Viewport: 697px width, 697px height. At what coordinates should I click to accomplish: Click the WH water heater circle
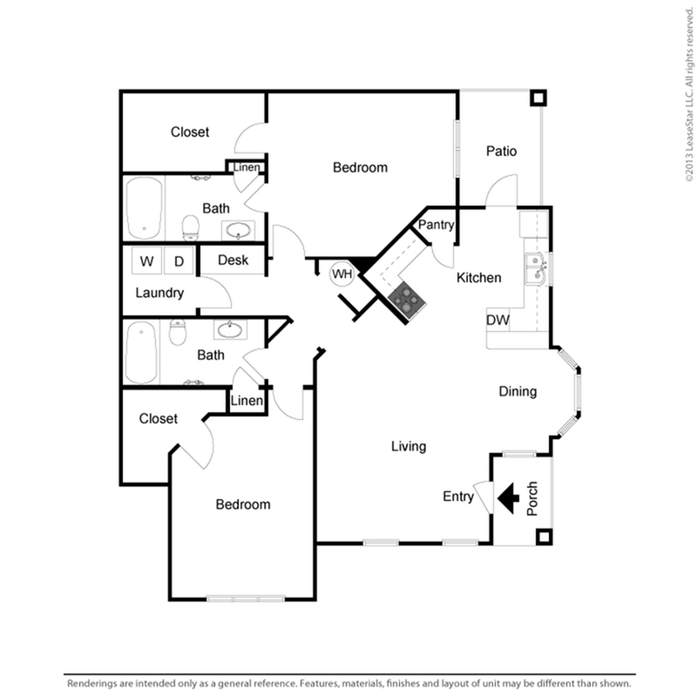(x=342, y=274)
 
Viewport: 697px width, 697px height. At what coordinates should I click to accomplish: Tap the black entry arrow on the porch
(x=508, y=497)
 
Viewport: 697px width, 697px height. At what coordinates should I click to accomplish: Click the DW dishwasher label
(x=497, y=320)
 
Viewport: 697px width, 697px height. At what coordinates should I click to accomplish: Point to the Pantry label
(x=436, y=225)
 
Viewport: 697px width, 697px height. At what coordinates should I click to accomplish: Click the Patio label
(x=502, y=151)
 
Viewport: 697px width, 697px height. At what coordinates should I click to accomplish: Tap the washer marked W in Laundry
(x=147, y=261)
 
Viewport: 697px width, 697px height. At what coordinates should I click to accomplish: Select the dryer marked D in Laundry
(x=179, y=261)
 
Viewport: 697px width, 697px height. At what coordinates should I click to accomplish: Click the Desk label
(x=233, y=260)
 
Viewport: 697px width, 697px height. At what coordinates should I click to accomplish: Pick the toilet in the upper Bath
(x=191, y=227)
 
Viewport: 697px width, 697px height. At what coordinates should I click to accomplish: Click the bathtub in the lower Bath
(x=141, y=353)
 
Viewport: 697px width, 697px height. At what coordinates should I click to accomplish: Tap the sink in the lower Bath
(x=230, y=330)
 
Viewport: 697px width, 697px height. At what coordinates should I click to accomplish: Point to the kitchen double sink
(x=536, y=268)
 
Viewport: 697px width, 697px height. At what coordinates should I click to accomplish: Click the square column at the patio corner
(x=538, y=98)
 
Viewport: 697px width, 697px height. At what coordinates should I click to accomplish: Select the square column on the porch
(x=544, y=537)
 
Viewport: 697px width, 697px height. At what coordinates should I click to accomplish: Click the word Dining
(x=518, y=391)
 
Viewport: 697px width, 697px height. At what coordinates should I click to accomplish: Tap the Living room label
(x=409, y=446)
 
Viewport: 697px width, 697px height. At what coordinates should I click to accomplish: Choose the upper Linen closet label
(x=247, y=167)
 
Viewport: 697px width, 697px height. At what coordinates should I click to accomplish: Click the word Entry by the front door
(x=458, y=497)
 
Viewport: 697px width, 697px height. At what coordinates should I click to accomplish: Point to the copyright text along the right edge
(x=689, y=94)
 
